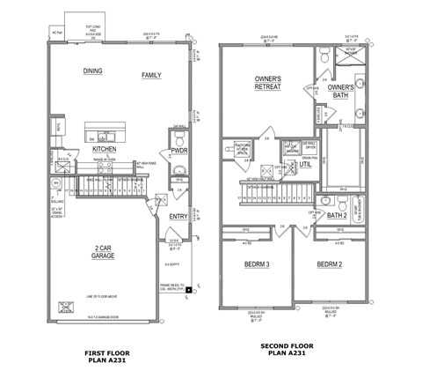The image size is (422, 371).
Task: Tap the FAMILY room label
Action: click(151, 77)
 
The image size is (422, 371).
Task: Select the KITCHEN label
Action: click(105, 150)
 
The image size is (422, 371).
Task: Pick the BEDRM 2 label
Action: click(330, 264)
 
